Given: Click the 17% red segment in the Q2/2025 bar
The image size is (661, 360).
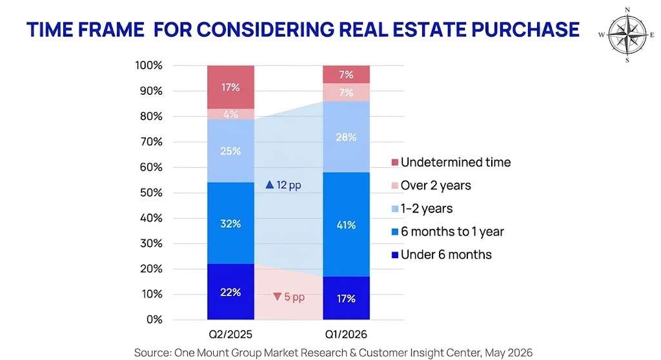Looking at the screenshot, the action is point(230,87).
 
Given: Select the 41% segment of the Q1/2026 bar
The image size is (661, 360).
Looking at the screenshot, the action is point(346,225).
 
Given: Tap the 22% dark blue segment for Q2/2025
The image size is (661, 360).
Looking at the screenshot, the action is point(230,292).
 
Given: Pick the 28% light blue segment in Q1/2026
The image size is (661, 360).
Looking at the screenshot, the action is point(346,137).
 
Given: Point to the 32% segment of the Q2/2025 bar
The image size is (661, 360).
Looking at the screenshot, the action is point(230,223).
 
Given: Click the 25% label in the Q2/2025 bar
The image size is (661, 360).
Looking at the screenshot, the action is point(230,151).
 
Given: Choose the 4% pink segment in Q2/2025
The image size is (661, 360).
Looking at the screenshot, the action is point(230,114).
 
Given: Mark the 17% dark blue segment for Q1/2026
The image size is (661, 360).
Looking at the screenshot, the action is point(346,298).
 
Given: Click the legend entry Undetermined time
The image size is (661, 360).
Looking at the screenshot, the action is point(451,163).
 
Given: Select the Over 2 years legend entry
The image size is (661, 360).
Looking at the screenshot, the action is point(431,185).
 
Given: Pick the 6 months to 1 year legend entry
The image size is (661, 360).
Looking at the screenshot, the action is point(448,232).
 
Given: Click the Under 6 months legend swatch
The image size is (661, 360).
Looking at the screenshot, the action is point(395,255).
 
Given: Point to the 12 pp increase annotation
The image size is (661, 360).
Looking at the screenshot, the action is point(283,185).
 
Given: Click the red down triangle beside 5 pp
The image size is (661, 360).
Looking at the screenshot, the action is point(277,297).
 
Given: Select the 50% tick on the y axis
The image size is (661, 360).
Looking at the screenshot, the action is point(151,193).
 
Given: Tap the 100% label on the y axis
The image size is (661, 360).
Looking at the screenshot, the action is point(148,66).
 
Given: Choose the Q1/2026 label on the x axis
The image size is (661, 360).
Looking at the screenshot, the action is point(346,335).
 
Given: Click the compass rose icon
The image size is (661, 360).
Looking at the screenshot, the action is point(627,35).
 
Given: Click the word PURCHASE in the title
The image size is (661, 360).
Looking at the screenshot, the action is point(525,30).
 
